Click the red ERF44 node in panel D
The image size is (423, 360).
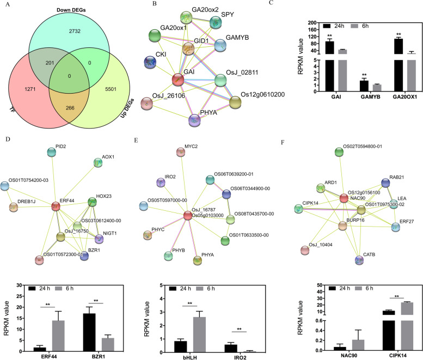[x=56, y=206]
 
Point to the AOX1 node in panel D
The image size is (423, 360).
[x=98, y=162]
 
